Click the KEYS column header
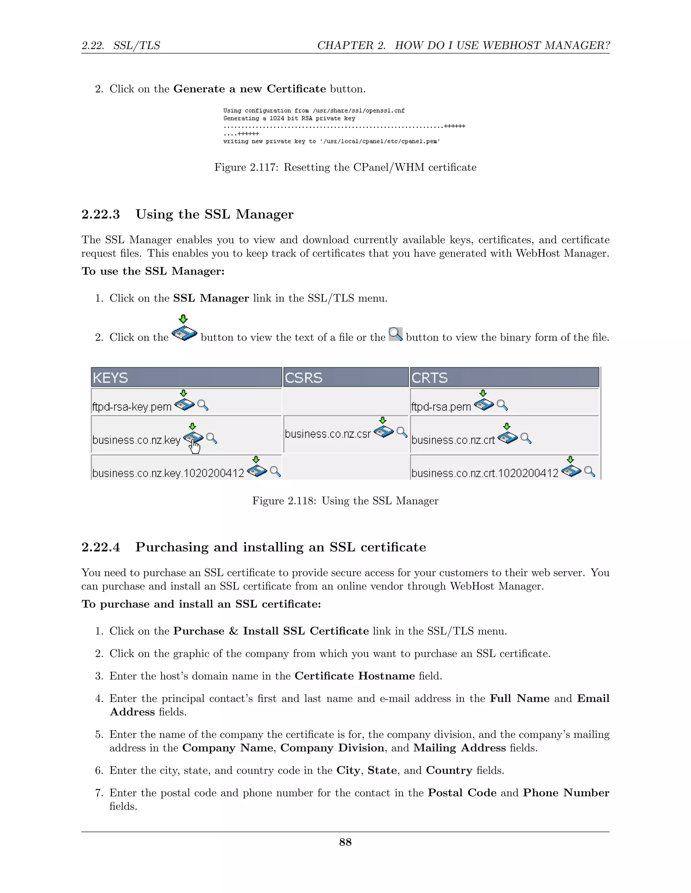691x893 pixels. (x=111, y=377)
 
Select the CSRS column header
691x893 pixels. (x=303, y=377)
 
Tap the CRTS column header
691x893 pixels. (x=430, y=377)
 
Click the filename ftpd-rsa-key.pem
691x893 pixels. (x=132, y=407)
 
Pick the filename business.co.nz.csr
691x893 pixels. (x=328, y=434)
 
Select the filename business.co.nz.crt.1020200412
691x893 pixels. (x=485, y=473)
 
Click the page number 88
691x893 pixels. (x=345, y=842)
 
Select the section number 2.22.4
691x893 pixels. (x=101, y=547)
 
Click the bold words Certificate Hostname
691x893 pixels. (x=355, y=676)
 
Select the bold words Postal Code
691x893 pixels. (x=462, y=793)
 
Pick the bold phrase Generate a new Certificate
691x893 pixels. (x=249, y=89)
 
